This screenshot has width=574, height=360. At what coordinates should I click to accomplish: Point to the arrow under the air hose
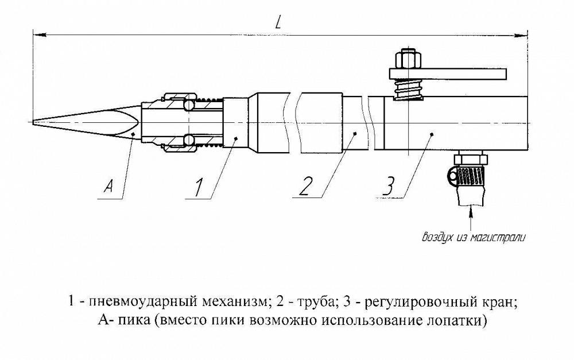click(x=472, y=215)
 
